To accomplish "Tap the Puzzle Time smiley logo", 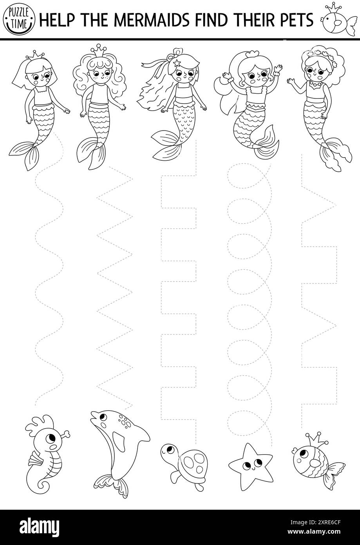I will pyautogui.click(x=18, y=18).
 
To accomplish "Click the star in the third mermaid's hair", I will pyautogui.click(x=177, y=62).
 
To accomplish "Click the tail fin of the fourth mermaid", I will pyautogui.click(x=267, y=140).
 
